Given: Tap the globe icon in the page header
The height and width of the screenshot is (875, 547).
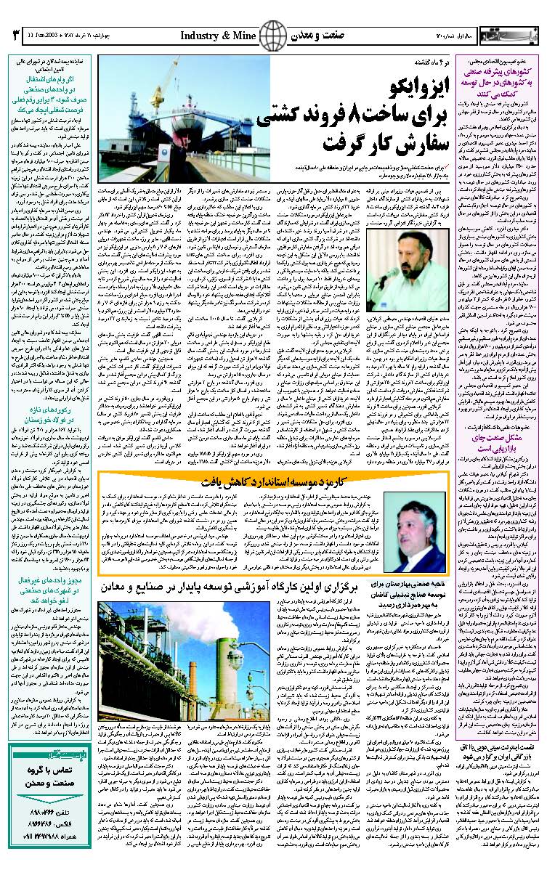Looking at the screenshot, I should [274, 33].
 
